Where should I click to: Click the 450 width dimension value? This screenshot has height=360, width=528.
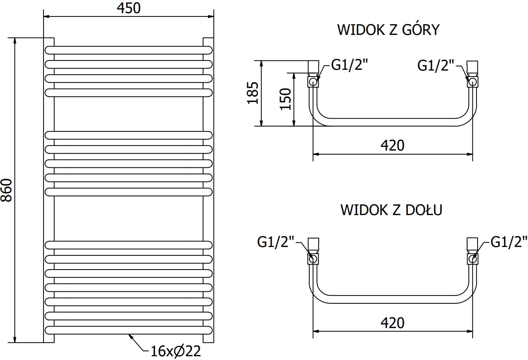click(x=129, y=8)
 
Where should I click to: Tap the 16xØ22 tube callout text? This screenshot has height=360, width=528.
click(x=176, y=351)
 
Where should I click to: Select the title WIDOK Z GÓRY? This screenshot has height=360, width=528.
click(x=388, y=30)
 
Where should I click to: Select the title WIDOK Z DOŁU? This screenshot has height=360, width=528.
click(x=391, y=210)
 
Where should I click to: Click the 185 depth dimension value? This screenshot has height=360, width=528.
click(x=253, y=93)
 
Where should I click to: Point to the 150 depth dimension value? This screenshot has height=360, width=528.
click(x=286, y=99)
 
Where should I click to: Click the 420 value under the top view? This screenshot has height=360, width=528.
click(x=393, y=146)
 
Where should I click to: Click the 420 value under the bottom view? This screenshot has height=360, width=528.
click(x=393, y=323)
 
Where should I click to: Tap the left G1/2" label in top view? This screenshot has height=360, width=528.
click(x=349, y=65)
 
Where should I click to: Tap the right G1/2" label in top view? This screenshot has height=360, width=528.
click(x=435, y=65)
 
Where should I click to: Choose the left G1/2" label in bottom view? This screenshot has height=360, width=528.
click(x=275, y=242)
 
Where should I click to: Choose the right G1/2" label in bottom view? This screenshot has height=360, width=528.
click(x=509, y=242)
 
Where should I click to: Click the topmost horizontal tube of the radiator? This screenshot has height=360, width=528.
click(x=129, y=50)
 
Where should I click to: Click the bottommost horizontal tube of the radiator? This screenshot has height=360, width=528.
click(x=129, y=330)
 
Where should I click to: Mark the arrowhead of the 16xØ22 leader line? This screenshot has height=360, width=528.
click(x=130, y=335)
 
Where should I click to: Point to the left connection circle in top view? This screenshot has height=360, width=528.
click(x=313, y=81)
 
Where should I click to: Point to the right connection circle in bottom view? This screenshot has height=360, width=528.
click(x=472, y=258)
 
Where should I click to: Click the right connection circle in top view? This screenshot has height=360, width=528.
click(x=472, y=81)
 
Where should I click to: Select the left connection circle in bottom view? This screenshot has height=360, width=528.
click(x=313, y=258)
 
